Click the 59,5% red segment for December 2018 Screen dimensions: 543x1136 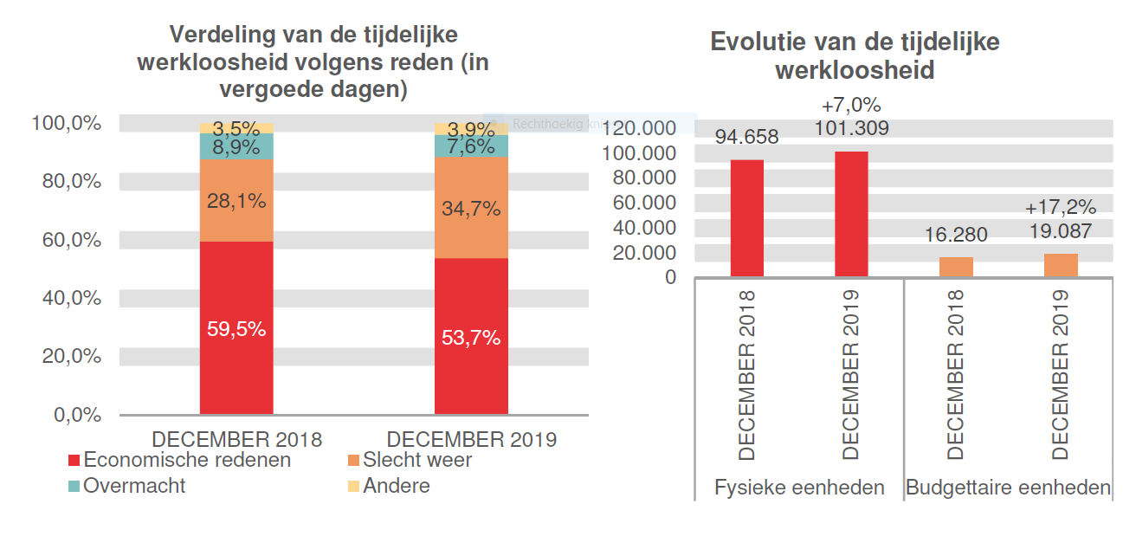coord(236,328)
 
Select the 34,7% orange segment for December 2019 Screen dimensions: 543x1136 coord(471,208)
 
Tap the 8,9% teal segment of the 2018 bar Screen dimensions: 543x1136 coord(236,146)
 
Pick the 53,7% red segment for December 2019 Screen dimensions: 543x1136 coord(471,337)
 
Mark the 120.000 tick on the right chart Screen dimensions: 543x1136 coord(642,128)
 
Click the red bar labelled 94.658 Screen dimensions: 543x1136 coord(746,218)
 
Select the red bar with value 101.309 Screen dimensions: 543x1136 coord(851,214)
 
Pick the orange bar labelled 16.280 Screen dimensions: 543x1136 coord(956,267)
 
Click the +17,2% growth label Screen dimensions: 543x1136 coord(1061,208)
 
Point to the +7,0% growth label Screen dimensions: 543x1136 coord(851,106)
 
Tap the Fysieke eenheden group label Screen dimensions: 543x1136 coord(799,488)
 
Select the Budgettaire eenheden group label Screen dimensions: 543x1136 coord(1008,488)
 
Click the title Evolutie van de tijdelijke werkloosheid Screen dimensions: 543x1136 coord(854,56)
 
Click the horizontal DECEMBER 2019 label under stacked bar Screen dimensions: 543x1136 coord(471,439)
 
